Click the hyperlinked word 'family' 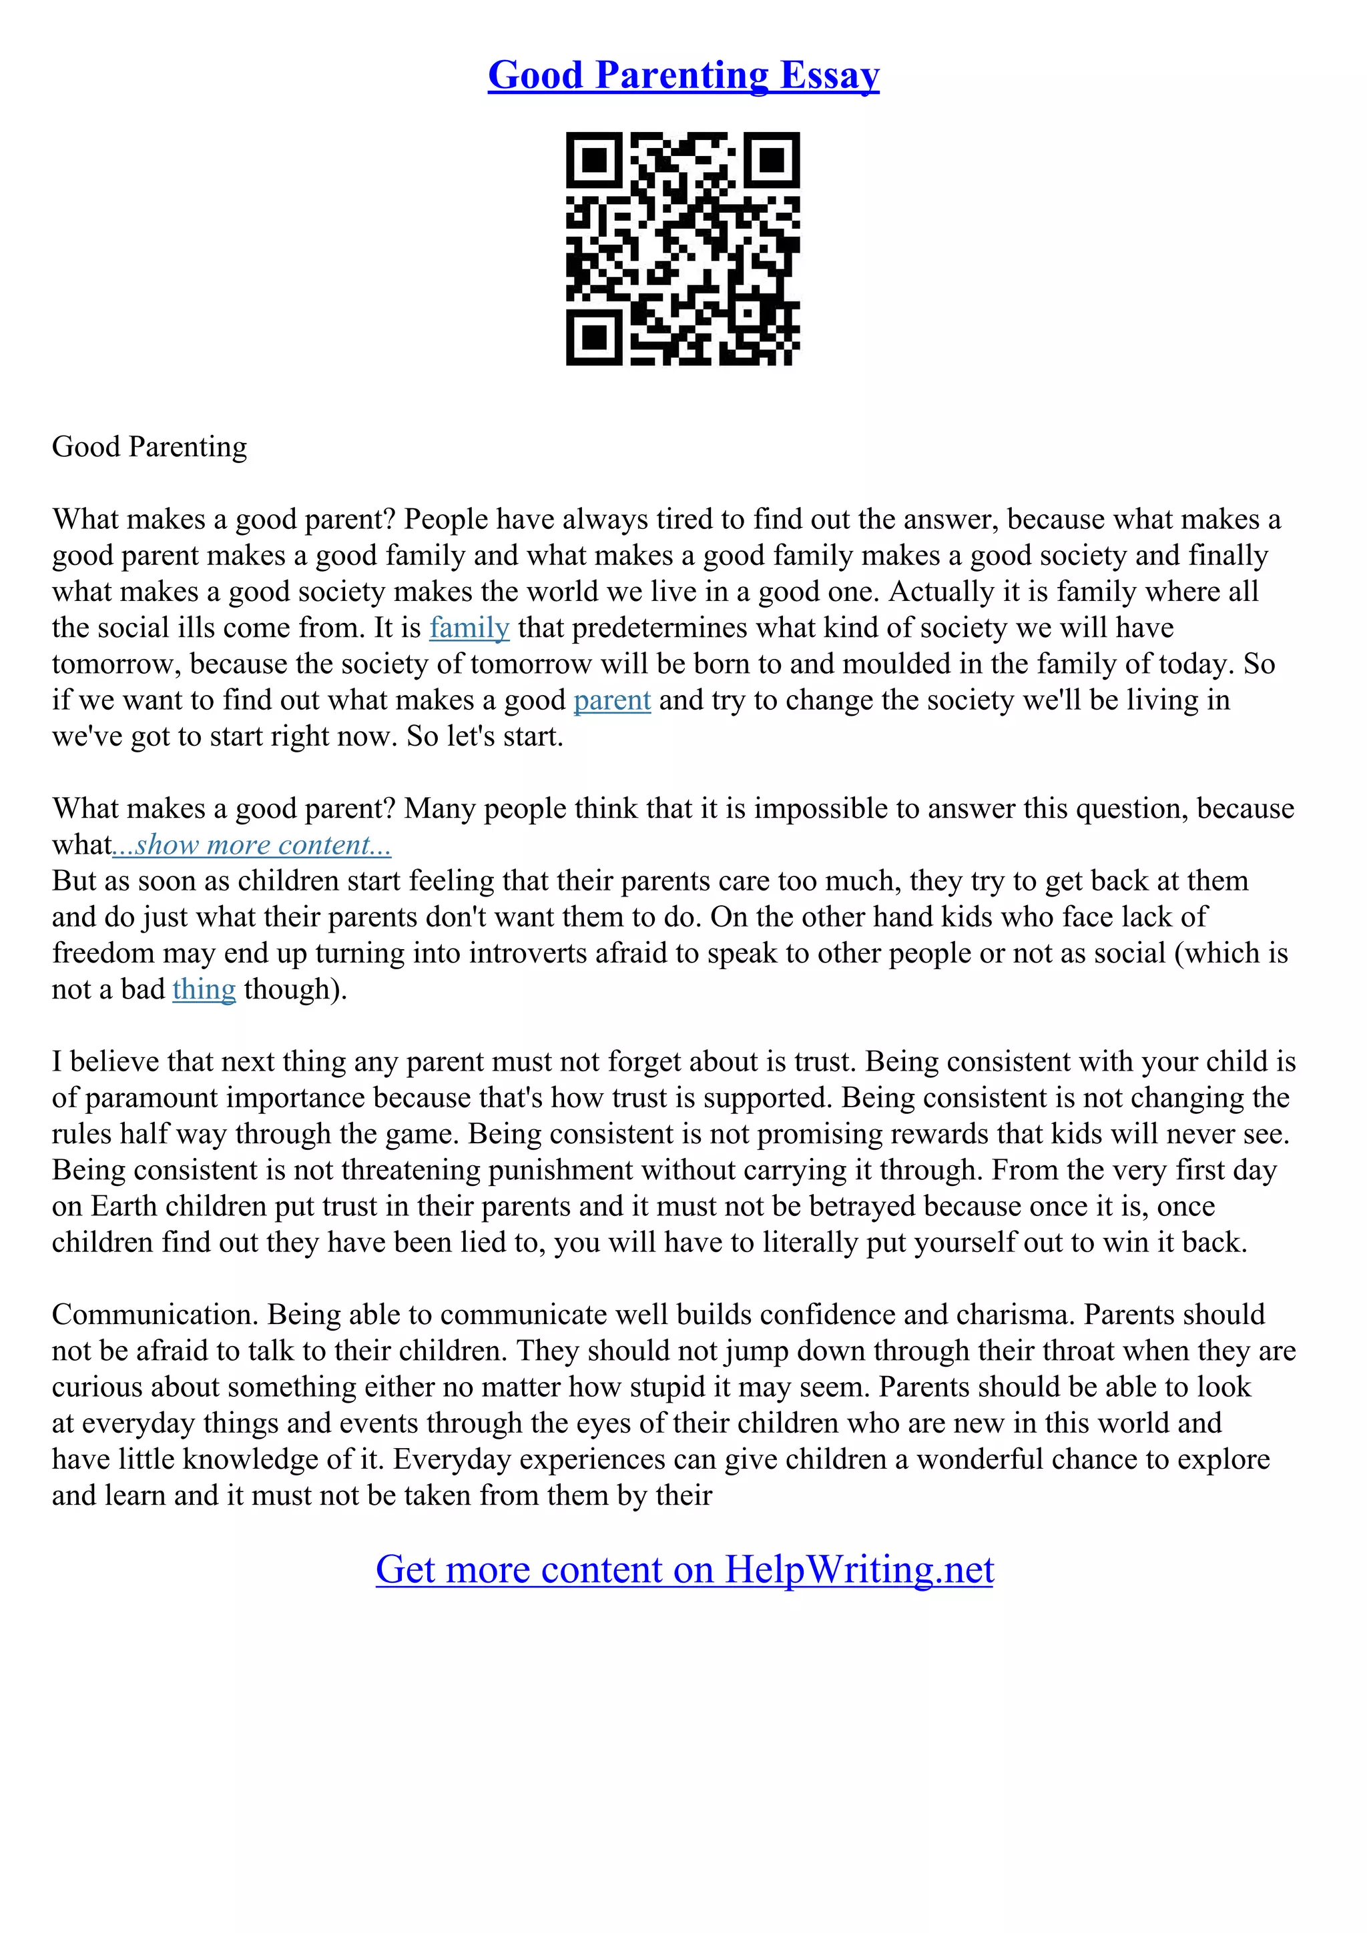(x=469, y=628)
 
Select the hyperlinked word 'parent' (x=611, y=700)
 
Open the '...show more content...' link (x=252, y=845)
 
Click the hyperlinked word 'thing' (x=204, y=989)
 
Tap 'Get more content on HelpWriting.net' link (x=684, y=1570)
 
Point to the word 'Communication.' (x=155, y=1315)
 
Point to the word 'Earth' (x=123, y=1207)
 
